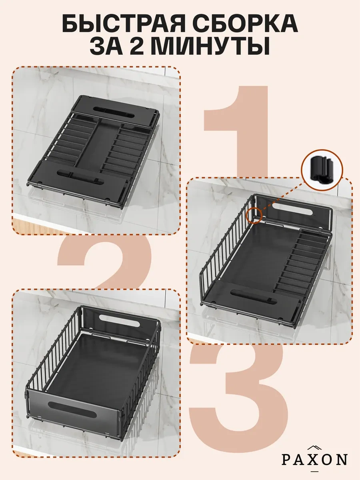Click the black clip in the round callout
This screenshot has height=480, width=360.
click(322, 170)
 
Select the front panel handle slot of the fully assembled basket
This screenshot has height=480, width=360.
click(72, 408)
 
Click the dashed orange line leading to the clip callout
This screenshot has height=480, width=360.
click(282, 198)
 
